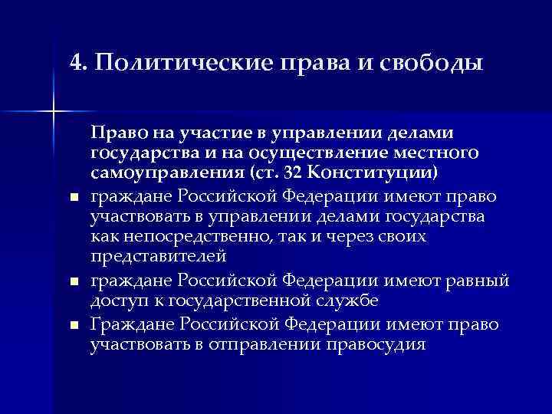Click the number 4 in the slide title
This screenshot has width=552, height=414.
pos(74,62)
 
